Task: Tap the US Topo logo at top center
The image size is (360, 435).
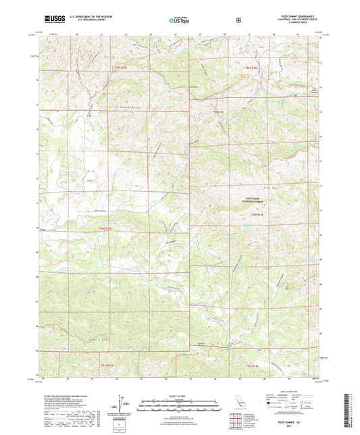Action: click(x=179, y=20)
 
